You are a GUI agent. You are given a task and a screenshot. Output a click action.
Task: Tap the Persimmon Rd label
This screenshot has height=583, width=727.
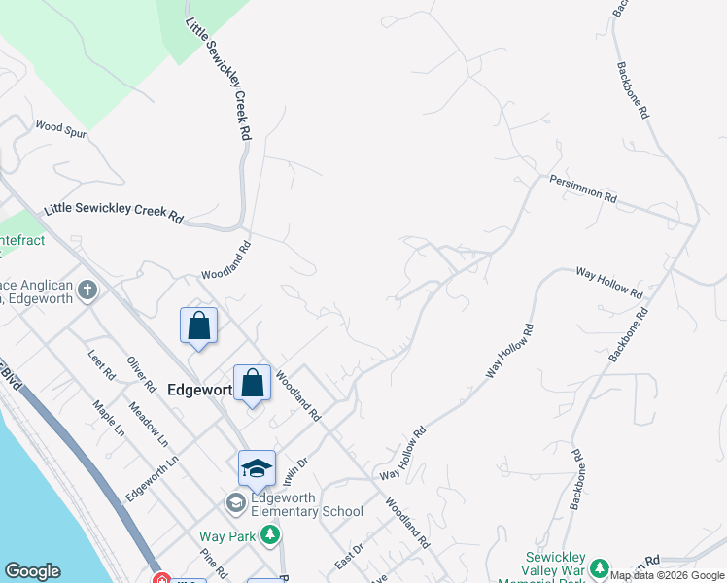tap(583, 189)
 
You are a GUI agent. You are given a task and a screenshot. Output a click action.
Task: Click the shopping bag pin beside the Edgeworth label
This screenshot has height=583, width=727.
tap(252, 383)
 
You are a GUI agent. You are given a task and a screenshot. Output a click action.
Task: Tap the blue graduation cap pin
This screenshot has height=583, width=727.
tap(258, 468)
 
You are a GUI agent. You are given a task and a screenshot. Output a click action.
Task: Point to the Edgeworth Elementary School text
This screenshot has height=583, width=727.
tap(307, 504)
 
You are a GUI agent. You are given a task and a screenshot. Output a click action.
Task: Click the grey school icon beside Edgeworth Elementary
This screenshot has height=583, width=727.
tap(235, 503)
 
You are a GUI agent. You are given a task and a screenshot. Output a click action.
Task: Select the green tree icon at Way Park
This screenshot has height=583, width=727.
tap(269, 534)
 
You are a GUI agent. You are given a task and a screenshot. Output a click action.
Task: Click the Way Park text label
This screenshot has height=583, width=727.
tap(226, 536)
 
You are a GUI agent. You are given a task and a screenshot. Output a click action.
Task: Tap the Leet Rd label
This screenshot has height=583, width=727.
tap(102, 365)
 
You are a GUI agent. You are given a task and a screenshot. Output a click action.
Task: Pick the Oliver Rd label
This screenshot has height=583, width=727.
tap(142, 373)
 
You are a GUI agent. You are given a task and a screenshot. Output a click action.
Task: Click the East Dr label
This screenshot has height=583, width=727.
tap(348, 557)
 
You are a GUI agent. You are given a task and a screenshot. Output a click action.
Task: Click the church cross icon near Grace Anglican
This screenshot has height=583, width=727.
tap(87, 290)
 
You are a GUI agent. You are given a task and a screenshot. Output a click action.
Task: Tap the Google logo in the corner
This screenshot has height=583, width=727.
tap(32, 571)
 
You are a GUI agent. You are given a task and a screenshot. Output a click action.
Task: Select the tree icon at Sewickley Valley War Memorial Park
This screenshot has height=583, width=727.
tap(599, 567)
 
